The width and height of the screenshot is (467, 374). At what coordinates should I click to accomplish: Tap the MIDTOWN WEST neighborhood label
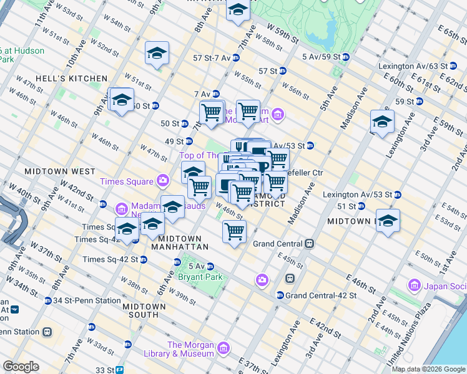click(60, 171)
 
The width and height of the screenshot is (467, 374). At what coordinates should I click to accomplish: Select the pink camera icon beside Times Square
click(164, 181)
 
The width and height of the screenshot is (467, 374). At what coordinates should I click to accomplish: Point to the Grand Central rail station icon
click(308, 244)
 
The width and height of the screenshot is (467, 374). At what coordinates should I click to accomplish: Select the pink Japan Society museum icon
click(413, 285)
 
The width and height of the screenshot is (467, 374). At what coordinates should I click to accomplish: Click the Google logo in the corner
click(21, 367)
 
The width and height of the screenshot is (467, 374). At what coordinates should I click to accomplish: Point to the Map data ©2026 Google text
click(428, 369)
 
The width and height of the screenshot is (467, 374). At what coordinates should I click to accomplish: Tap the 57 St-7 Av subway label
click(212, 58)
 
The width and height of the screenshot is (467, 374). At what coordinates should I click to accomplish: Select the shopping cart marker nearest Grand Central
click(234, 232)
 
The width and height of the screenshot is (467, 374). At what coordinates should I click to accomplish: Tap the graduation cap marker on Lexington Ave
click(382, 122)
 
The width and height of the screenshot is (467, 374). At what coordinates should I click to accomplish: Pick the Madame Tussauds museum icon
click(122, 207)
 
